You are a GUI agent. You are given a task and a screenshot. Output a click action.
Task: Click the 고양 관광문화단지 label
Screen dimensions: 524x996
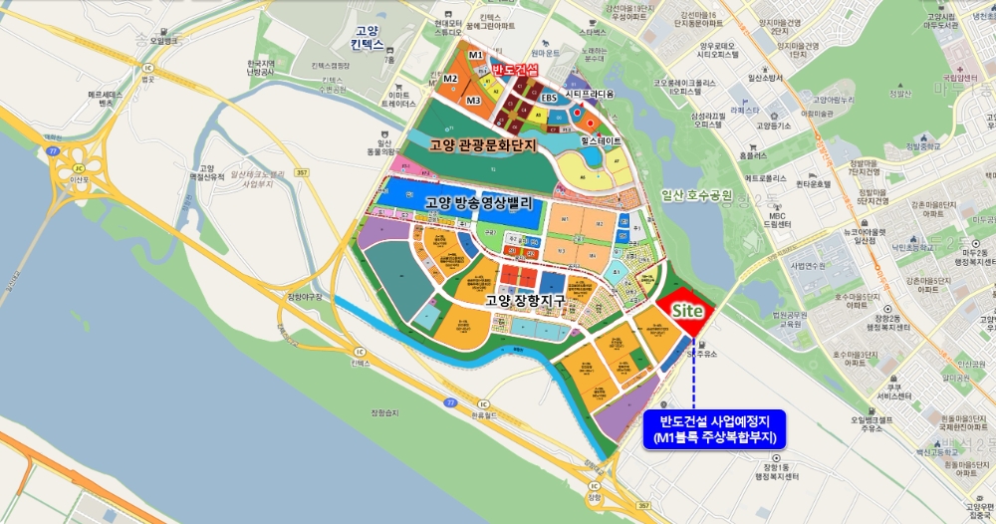(x=483, y=145)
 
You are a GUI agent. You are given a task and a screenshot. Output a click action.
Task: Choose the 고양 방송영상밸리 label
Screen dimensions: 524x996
(x=483, y=203)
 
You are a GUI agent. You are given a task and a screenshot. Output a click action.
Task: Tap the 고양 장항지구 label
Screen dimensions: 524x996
(x=532, y=300)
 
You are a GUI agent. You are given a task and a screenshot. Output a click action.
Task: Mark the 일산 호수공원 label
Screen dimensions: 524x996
(x=696, y=194)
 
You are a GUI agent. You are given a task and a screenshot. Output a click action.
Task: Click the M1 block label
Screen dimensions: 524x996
(x=475, y=55)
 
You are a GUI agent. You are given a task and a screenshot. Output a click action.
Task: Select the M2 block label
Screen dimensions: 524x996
(x=451, y=78)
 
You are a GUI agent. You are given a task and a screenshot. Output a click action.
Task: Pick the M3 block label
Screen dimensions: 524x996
(x=473, y=100)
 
